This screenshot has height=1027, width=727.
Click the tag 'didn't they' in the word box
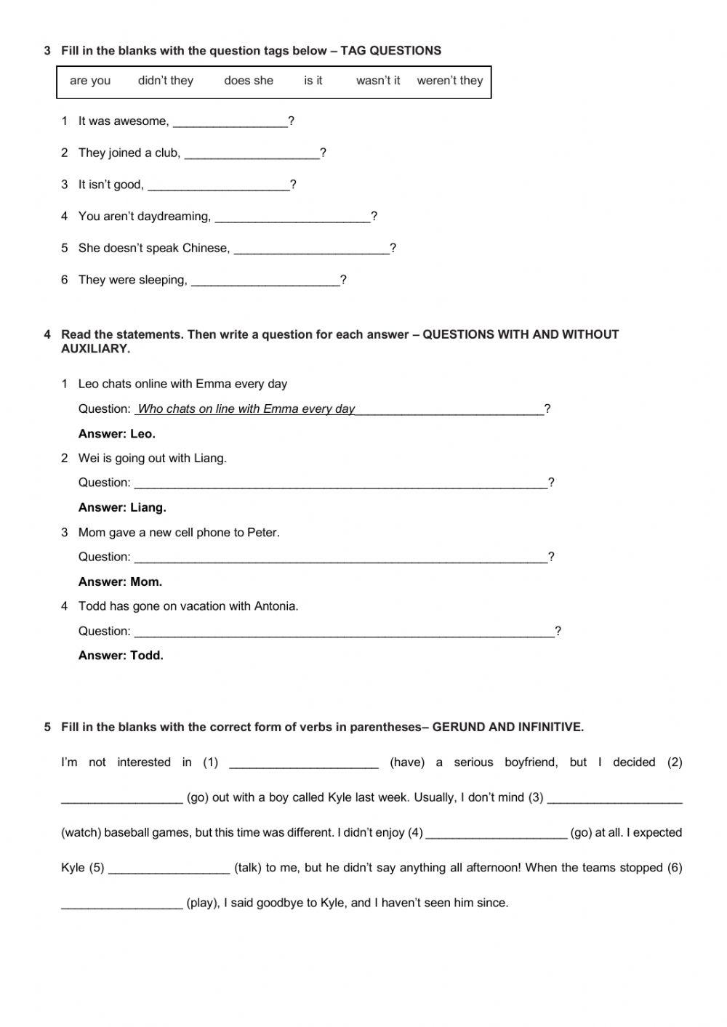(166, 81)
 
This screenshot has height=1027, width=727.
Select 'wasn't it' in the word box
(378, 81)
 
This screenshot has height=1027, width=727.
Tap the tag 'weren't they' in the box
(450, 81)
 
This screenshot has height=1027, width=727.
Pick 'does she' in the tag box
(249, 81)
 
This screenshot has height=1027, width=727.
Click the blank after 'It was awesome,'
(230, 122)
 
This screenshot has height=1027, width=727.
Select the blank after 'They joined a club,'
(252, 154)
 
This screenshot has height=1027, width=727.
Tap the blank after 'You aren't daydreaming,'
(293, 217)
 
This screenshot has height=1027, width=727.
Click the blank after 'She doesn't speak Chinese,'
(312, 249)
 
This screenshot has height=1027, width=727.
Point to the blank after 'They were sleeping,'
(265, 281)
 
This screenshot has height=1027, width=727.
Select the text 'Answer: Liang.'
(122, 507)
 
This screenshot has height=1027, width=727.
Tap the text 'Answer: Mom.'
(120, 581)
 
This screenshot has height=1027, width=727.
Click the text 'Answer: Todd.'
(121, 656)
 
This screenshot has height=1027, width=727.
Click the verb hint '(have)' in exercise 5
(407, 762)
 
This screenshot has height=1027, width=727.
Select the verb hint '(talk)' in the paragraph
(248, 868)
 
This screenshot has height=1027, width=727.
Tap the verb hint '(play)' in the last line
(203, 903)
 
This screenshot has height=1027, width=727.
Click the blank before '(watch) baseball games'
(614, 798)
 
